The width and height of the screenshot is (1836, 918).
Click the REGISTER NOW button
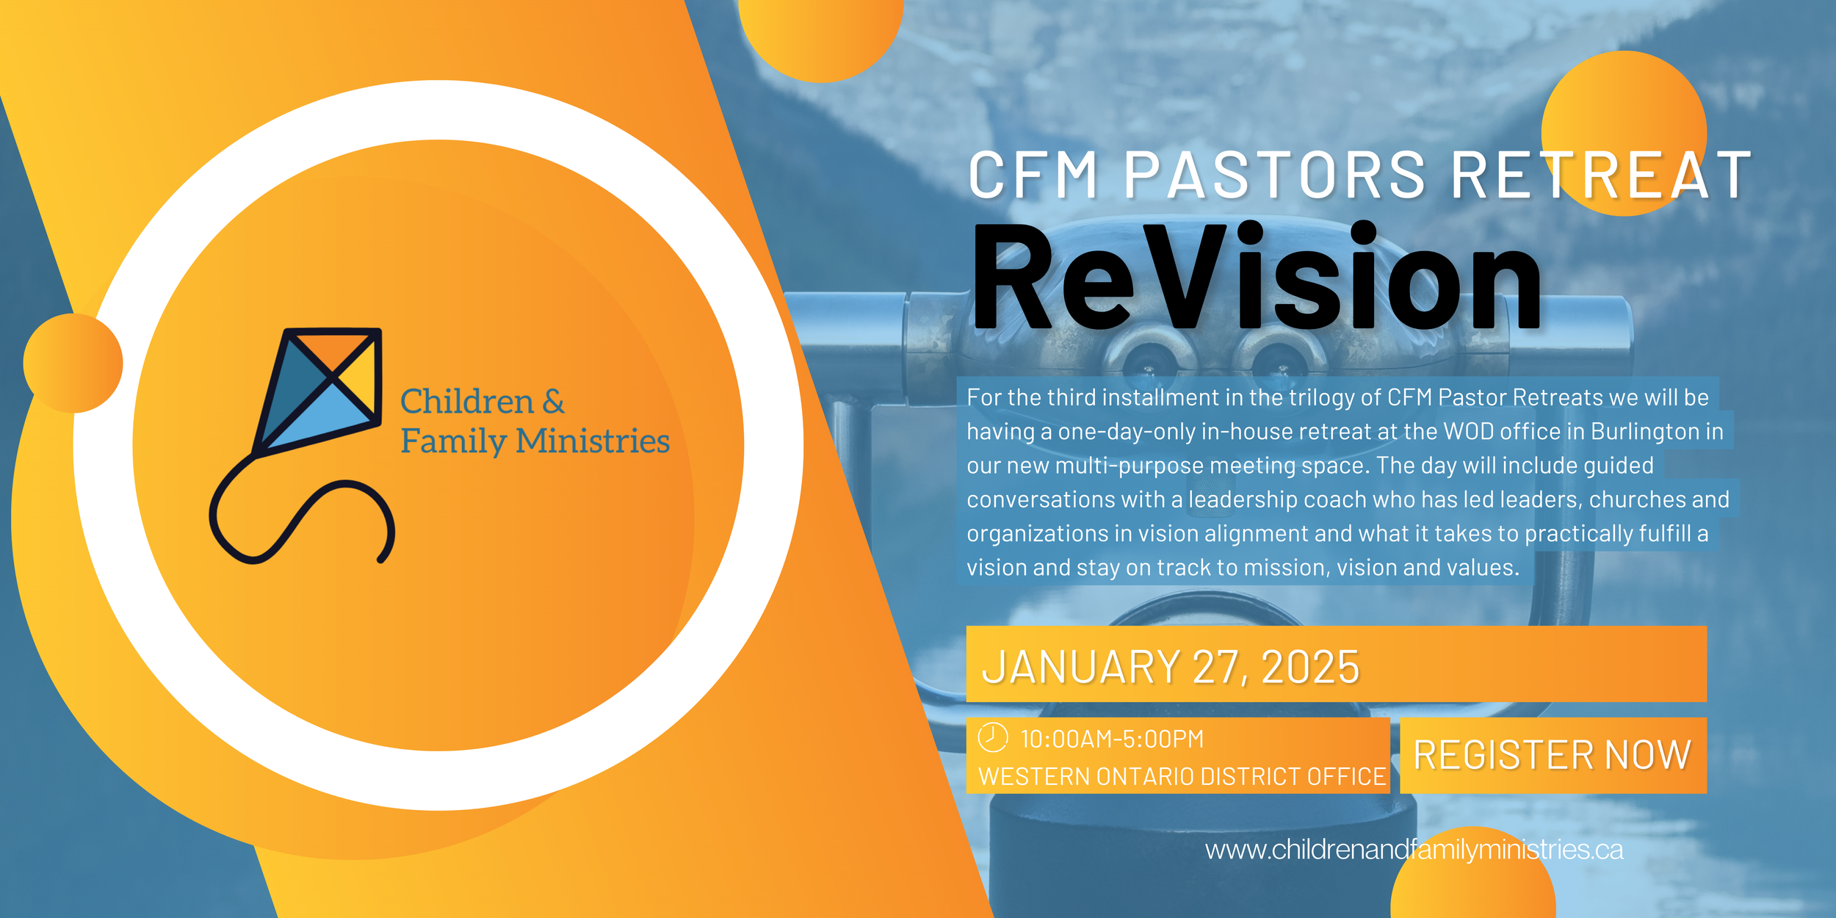tap(1553, 755)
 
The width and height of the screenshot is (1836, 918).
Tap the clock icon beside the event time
tap(992, 737)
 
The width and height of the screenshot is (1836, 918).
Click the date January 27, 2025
tap(1171, 667)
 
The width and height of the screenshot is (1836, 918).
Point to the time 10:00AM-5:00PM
tap(1112, 739)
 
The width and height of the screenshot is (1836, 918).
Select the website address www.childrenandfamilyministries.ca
tap(1414, 850)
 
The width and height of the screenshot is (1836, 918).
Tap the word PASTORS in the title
tap(1274, 176)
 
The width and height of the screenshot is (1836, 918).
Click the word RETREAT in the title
tap(1601, 176)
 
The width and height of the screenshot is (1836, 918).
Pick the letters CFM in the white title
tap(1033, 176)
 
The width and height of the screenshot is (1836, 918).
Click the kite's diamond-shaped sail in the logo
tap(323, 389)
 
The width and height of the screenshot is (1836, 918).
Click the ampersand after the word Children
tap(554, 402)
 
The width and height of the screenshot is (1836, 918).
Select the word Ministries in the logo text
tap(593, 441)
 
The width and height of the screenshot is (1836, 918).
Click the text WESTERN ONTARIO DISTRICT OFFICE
tap(1182, 777)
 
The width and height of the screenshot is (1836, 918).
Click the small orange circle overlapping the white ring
tap(73, 363)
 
